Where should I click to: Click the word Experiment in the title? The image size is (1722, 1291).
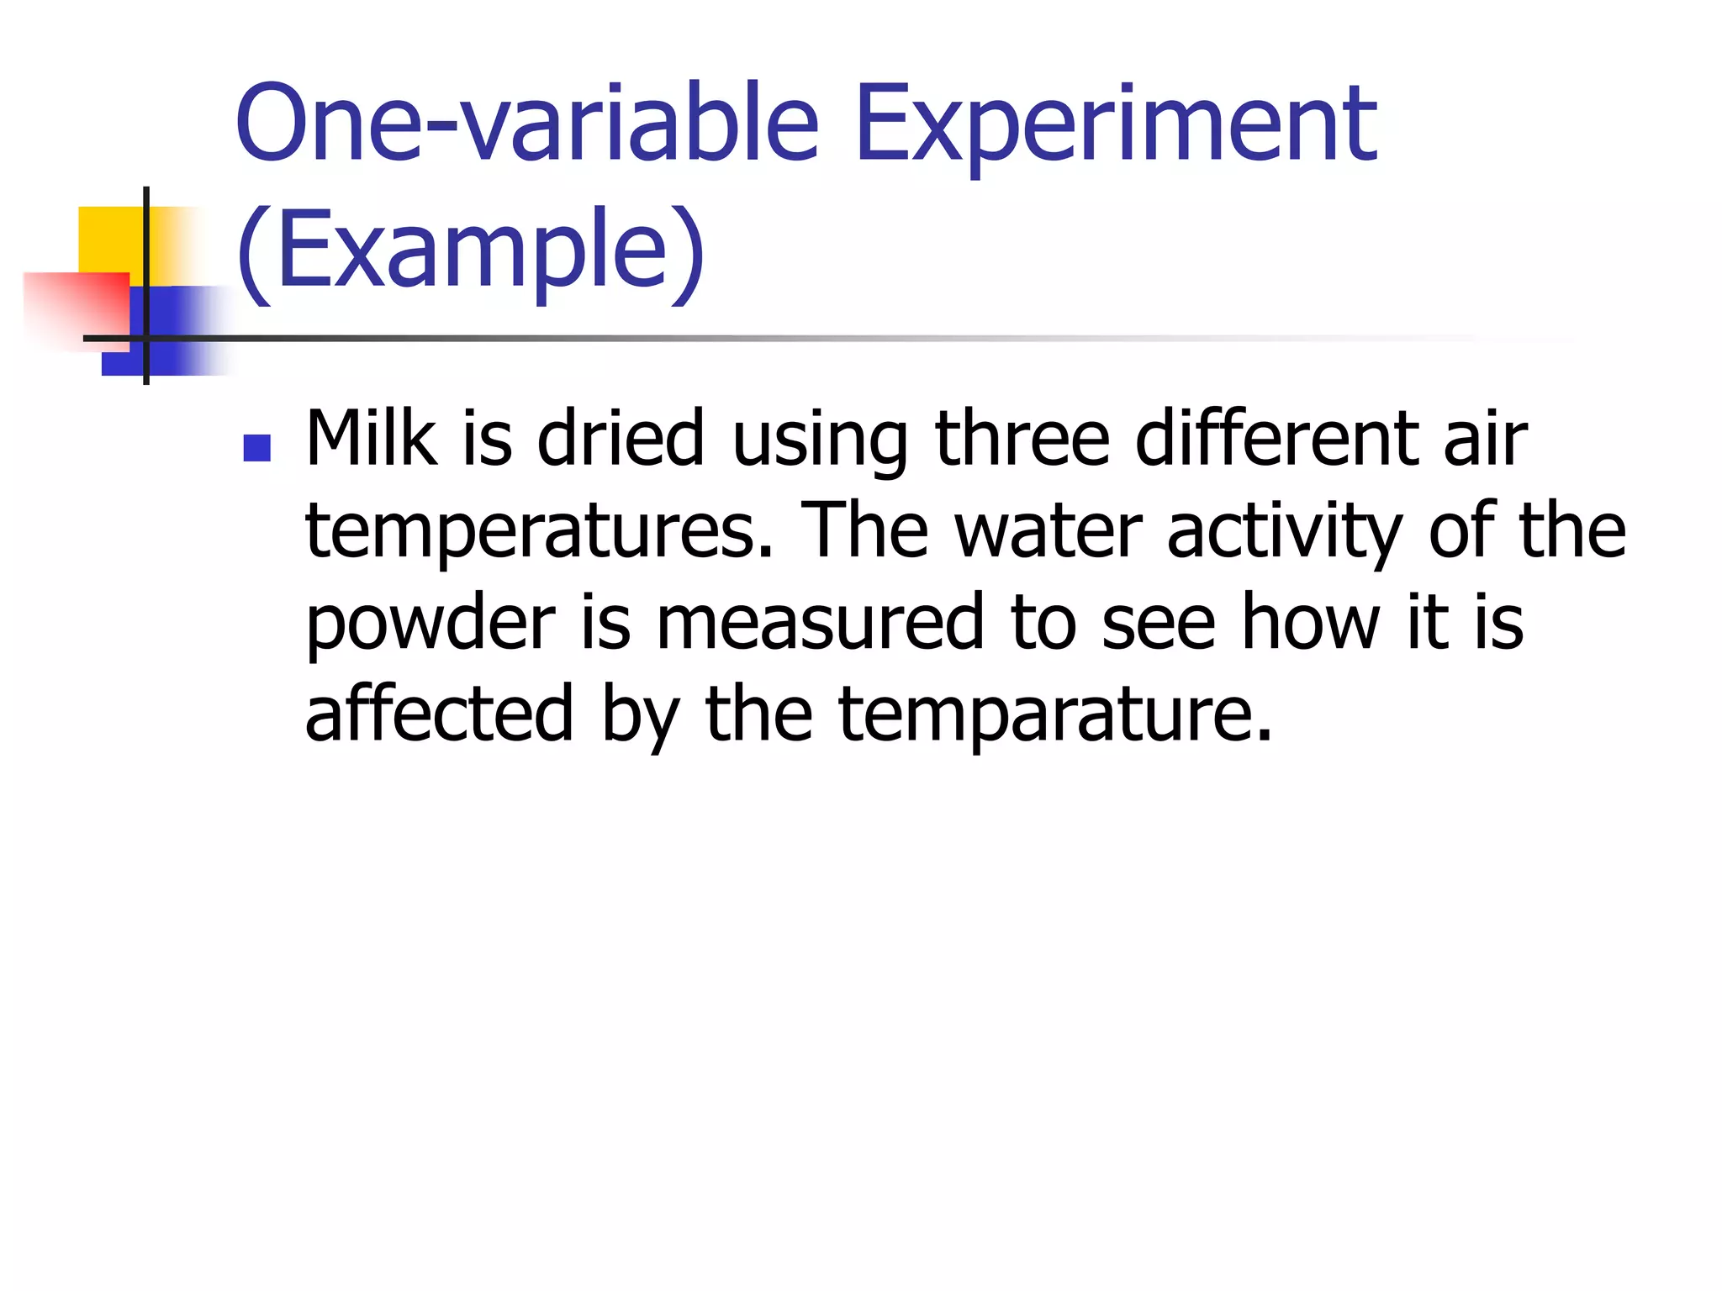[1115, 126]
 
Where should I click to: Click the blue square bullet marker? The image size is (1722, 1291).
[256, 448]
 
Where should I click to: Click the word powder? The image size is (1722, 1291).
[430, 624]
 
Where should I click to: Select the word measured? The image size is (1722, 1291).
[820, 623]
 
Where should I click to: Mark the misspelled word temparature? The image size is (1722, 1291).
[1055, 716]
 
